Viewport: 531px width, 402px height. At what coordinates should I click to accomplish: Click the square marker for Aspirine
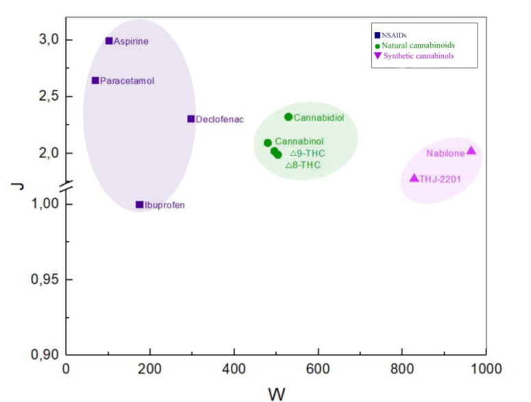click(x=109, y=41)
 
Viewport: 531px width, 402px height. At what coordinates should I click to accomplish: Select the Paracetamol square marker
click(x=95, y=81)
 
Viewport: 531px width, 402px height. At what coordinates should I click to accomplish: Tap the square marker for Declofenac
click(x=191, y=119)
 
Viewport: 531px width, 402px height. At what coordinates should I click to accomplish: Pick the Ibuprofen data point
click(x=140, y=205)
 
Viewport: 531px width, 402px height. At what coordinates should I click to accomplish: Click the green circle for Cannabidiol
click(x=288, y=117)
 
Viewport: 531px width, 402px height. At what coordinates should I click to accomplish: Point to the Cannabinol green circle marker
click(x=268, y=143)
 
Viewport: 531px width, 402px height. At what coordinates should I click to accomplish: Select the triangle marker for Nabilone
click(x=471, y=151)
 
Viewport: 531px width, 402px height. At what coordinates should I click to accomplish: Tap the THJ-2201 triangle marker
click(x=414, y=178)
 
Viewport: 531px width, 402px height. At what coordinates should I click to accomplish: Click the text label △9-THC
click(x=307, y=153)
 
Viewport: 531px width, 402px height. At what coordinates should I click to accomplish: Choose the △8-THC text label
click(x=303, y=165)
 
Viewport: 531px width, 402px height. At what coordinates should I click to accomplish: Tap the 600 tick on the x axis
click(x=318, y=369)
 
